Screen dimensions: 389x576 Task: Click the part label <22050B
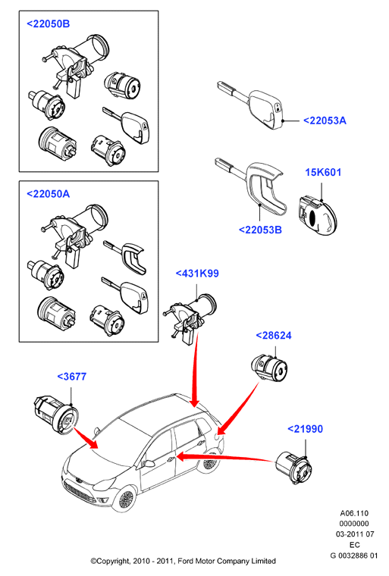49,24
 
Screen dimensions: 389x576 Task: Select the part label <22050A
49,194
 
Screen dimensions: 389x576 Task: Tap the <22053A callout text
325,121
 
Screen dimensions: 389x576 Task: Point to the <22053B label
260,230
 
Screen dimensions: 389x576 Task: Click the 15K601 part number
323,172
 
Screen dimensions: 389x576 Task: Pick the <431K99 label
197,274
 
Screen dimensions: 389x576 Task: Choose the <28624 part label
274,336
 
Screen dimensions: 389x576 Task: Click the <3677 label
72,377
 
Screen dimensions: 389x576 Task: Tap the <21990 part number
305,429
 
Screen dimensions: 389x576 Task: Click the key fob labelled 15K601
317,216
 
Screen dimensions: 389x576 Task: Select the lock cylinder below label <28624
269,368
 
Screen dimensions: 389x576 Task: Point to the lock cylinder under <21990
293,468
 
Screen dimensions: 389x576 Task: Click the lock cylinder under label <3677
56,415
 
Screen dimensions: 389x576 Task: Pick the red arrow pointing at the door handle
226,457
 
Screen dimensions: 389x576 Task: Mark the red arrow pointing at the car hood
85,437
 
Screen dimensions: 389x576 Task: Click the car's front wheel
127,499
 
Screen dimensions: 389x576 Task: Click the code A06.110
354,513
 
